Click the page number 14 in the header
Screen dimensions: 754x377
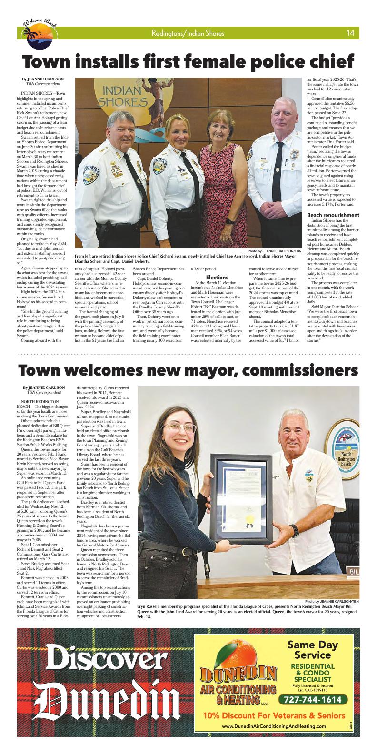(350, 33)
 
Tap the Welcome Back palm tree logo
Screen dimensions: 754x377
(40, 31)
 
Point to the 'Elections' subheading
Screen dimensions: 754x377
(218, 277)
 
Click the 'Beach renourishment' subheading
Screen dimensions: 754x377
(333, 215)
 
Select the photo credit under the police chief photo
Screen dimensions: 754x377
(274, 251)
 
